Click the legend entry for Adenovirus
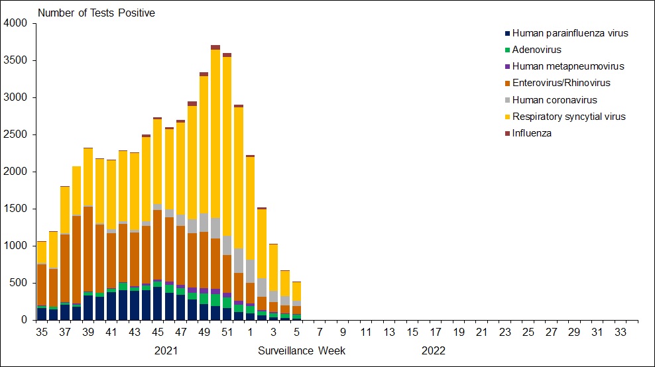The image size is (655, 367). [536, 50]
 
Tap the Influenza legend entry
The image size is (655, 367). [532, 133]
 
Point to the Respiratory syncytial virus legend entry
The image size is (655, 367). [569, 117]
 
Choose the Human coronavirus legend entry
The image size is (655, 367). [555, 100]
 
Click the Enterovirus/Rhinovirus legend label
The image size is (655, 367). [562, 83]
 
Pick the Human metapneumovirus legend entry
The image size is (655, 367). [568, 66]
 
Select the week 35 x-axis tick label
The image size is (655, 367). [42, 332]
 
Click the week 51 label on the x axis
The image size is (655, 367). [227, 332]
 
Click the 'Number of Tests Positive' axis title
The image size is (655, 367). [96, 13]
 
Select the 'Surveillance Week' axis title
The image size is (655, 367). [302, 350]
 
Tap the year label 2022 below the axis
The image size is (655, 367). [434, 350]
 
